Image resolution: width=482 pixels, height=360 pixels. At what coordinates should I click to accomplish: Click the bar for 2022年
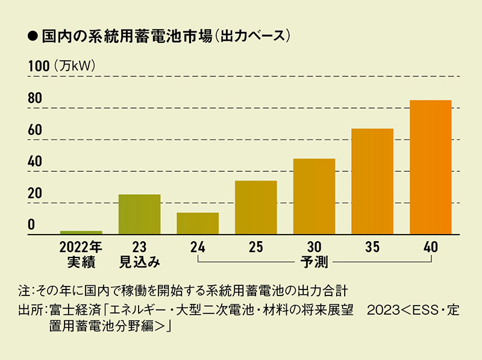coord(81,232)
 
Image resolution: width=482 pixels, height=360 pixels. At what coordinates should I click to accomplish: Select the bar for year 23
coord(139,214)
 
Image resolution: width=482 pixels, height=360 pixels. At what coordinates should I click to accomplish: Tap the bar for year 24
coord(198,223)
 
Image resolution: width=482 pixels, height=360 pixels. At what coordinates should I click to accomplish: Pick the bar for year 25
coord(256,207)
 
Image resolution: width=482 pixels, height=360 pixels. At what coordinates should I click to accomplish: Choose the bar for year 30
coord(314,196)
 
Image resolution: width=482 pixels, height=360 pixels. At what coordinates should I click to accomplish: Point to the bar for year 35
coord(372,181)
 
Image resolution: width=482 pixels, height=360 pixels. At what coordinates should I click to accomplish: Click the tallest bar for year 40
coord(430,167)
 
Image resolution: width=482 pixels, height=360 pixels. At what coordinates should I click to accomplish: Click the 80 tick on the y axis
coord(35,98)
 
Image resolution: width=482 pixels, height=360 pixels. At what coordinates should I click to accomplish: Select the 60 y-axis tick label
coord(35,130)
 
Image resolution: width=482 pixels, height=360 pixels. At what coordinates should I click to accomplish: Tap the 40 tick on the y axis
coord(35,162)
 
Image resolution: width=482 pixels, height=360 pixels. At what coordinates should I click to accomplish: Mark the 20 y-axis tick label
coord(35,194)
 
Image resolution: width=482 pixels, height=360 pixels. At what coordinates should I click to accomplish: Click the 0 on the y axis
coord(31,225)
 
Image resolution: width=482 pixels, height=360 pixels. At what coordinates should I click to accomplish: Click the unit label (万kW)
coord(75,66)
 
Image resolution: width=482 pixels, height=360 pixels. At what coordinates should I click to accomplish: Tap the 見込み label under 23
coord(139,262)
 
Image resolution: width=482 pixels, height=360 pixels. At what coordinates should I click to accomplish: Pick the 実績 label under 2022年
coord(81,262)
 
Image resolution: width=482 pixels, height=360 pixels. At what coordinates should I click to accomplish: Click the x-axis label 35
coord(372,247)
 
